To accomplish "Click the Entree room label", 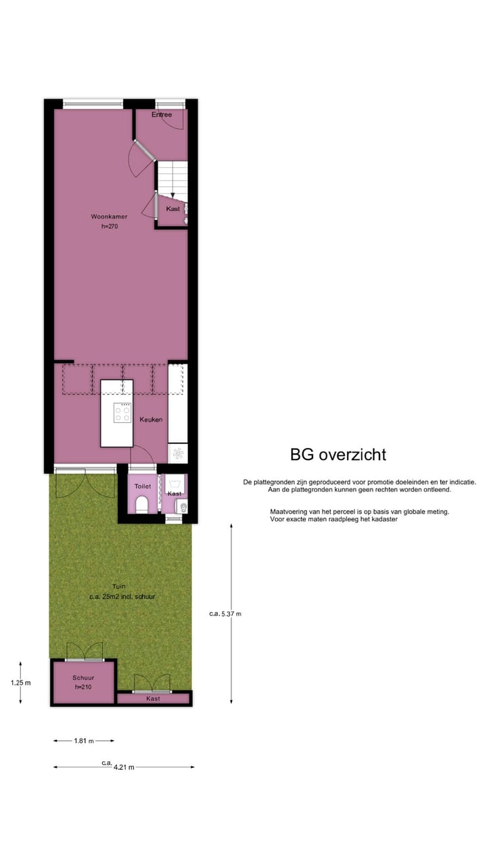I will pyautogui.click(x=162, y=115).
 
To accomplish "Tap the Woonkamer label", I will pyautogui.click(x=110, y=216).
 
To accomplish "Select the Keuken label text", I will pyautogui.click(x=151, y=419).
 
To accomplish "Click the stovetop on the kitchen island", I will pyautogui.click(x=122, y=413).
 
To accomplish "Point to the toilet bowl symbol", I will pyautogui.click(x=142, y=505).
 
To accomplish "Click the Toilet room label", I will pyautogui.click(x=142, y=486).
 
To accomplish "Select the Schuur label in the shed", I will pyautogui.click(x=84, y=677).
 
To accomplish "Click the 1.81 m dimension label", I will pyautogui.click(x=84, y=741).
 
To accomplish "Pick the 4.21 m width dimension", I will pyautogui.click(x=122, y=767).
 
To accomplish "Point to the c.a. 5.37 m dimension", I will pyautogui.click(x=225, y=614).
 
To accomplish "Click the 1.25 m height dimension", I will pyautogui.click(x=20, y=683).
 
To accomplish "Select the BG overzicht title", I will pyautogui.click(x=338, y=455).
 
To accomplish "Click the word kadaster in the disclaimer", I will pyautogui.click(x=383, y=520).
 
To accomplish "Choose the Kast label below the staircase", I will pyautogui.click(x=173, y=209).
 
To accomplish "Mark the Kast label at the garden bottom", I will pyautogui.click(x=154, y=699).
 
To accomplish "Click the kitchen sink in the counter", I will pyautogui.click(x=178, y=452).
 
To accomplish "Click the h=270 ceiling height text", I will pyautogui.click(x=110, y=227).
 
